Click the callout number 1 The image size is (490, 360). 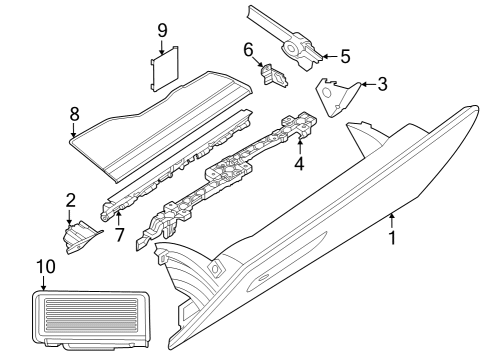(x=393, y=239)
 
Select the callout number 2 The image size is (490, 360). (x=71, y=200)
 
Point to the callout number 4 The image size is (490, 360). (x=299, y=163)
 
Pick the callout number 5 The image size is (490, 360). (x=345, y=55)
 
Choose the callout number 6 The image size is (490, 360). (x=248, y=48)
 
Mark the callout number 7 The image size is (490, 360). (x=118, y=237)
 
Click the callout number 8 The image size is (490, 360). (x=74, y=114)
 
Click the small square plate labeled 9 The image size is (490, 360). (x=163, y=71)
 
